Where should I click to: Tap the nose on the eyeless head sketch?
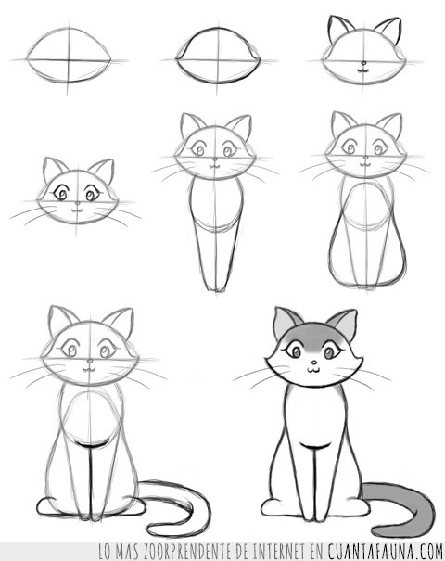click(363, 63)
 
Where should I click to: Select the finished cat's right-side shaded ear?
click(344, 323)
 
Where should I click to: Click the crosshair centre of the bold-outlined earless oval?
click(217, 59)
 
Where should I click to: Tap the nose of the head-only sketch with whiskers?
click(77, 203)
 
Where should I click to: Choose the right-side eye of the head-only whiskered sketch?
click(91, 195)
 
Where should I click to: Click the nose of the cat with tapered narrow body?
click(215, 159)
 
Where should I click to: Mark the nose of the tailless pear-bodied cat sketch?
click(365, 158)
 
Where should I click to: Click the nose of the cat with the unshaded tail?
click(90, 361)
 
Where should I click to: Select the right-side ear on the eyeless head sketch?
click(388, 30)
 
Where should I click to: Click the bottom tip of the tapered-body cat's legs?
click(217, 290)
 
